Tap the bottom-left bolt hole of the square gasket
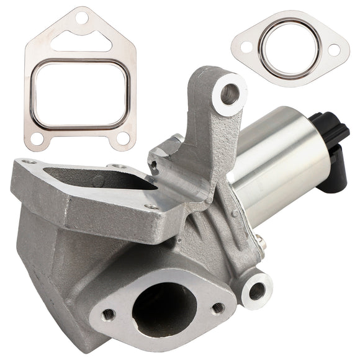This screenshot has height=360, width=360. click(x=38, y=137)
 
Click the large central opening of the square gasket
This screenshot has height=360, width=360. click(x=80, y=93)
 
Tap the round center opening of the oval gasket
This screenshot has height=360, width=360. click(x=290, y=48)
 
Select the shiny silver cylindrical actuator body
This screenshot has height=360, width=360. click(x=282, y=161)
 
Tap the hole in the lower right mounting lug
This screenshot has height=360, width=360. click(x=256, y=290)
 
